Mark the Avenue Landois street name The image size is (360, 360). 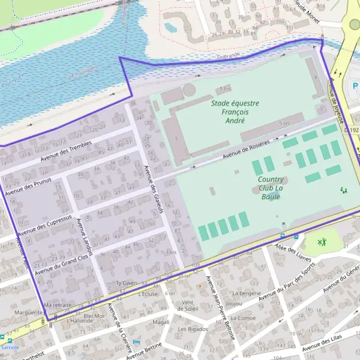[x=83, y=236]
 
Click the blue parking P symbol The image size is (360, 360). [x=355, y=86]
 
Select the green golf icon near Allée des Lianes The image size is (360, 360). [x=322, y=242]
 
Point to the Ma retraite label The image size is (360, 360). [x=58, y=305]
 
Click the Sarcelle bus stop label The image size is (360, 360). [x=10, y=347]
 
